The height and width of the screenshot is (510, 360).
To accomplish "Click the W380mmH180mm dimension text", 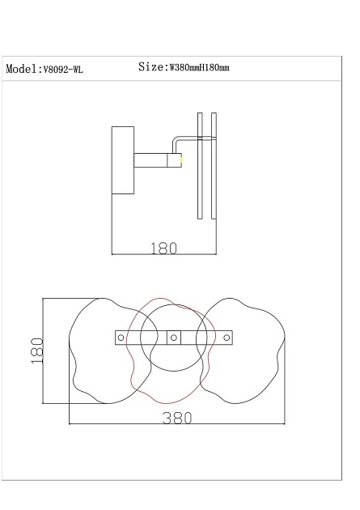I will coord(198,69).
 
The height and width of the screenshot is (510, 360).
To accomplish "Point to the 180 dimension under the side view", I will coord(163,249).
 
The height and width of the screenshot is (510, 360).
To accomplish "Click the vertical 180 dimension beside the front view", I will coord(36,350).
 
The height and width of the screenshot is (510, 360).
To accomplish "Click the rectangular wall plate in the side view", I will coord(123,159).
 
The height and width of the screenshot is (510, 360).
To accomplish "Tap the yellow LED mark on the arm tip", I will coord(182,159).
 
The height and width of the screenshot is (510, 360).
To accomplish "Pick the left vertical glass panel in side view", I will coord(200,166).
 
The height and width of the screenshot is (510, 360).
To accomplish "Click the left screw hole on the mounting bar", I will coord(120,337).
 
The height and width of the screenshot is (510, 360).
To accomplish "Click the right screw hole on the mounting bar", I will coord(227,337).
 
